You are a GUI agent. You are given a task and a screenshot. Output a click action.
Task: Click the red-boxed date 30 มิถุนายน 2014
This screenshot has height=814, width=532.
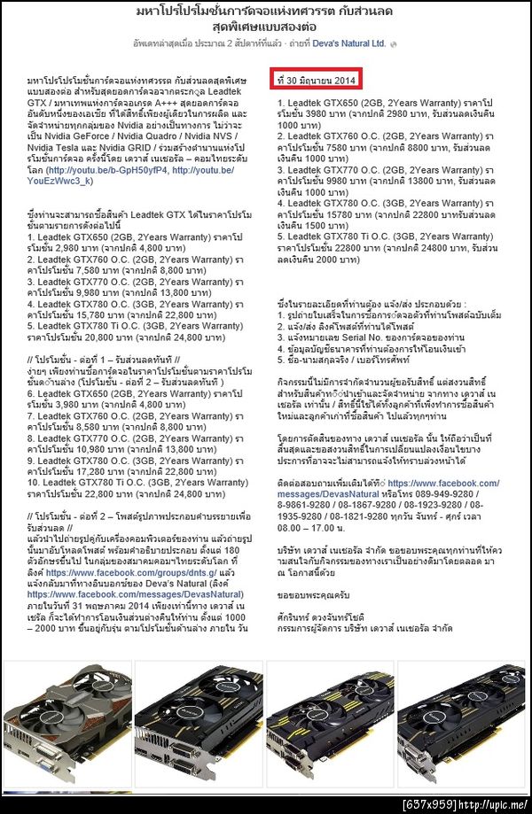(x=317, y=81)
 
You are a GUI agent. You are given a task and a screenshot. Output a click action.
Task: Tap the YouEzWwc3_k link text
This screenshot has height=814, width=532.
(x=61, y=181)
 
